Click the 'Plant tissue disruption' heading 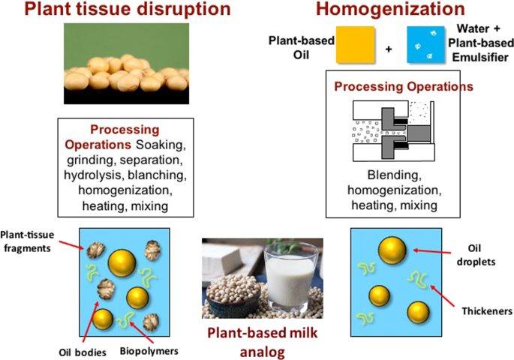tap(128, 9)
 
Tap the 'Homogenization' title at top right tap(390, 9)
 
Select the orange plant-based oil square tap(356, 44)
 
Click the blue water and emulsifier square tap(425, 44)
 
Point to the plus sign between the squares tap(389, 49)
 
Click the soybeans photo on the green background tap(126, 64)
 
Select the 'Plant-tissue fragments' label tap(27, 241)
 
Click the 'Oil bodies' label tap(83, 352)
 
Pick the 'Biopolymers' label tap(149, 352)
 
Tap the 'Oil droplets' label tap(476, 255)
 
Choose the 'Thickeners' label tap(487, 310)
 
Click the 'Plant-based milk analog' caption tap(262, 342)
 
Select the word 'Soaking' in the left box tap(161, 145)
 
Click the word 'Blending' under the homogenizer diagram tap(395, 175)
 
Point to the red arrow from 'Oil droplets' tap(432, 251)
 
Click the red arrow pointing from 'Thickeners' tap(443, 295)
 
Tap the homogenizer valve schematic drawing tap(394, 131)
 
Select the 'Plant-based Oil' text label tap(301, 47)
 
